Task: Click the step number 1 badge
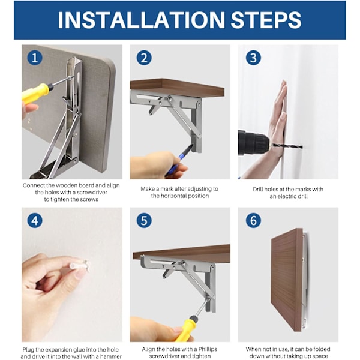(x=35, y=58)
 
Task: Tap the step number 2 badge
(x=144, y=58)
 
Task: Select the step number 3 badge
(x=253, y=58)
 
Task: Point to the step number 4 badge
(x=35, y=220)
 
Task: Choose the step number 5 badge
(x=144, y=220)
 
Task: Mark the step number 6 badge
(x=253, y=220)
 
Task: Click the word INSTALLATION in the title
(x=141, y=20)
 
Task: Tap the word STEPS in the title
(x=266, y=20)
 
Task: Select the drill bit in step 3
(x=287, y=146)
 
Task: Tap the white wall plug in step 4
(x=79, y=266)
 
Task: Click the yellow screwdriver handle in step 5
(x=186, y=329)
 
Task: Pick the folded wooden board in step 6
(x=287, y=280)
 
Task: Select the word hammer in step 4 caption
(x=110, y=356)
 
